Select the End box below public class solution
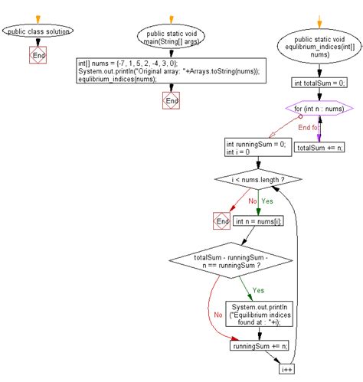coord(38,55)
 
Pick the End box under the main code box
coord(171,100)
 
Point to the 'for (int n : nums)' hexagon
coord(316,109)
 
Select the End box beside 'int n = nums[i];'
coord(222,221)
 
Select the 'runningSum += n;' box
coord(261,346)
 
